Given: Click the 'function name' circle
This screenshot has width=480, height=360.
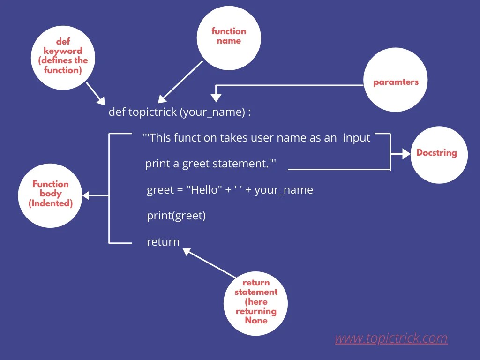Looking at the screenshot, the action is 228,37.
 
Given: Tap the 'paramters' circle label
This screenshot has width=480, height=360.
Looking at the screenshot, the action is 396,82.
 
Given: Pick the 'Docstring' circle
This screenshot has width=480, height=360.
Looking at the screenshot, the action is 436,153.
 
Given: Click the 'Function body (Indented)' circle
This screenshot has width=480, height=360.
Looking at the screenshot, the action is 50,194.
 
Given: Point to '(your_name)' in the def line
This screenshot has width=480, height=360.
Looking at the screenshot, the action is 212,112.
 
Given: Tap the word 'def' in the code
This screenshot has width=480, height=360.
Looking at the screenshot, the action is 117,112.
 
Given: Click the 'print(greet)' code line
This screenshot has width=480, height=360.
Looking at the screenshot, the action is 176,216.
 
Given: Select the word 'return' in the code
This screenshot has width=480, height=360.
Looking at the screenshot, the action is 163,242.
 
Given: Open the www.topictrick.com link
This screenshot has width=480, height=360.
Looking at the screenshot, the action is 391,338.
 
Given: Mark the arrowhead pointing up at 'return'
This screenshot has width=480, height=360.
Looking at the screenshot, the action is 187,252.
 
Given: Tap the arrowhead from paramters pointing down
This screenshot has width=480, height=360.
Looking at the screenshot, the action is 216,97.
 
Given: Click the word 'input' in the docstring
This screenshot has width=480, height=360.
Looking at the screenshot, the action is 356,138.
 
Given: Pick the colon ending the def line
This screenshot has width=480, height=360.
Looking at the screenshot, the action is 250,112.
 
